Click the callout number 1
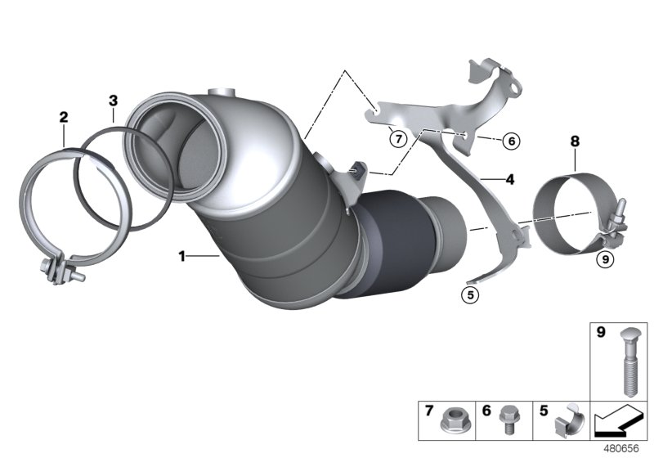pos(182,256)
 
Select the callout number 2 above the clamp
pos(63,118)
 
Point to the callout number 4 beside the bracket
pos(509,178)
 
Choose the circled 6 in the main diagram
pos(511,141)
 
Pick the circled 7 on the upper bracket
pos(397,138)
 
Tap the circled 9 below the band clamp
pos(604,259)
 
